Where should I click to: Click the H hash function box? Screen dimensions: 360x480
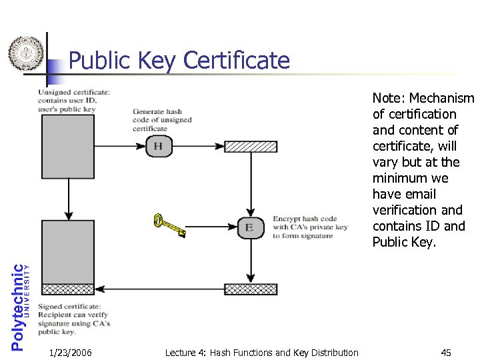click(x=158, y=146)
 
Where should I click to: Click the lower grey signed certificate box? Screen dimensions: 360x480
click(x=68, y=251)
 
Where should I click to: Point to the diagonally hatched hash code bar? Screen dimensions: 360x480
click(x=250, y=147)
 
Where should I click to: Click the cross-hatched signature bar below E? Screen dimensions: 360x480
click(x=250, y=289)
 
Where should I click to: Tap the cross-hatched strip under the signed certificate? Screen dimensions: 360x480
click(x=68, y=289)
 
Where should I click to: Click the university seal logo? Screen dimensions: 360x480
click(x=25, y=53)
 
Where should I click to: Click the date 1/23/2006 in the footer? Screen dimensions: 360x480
click(x=71, y=353)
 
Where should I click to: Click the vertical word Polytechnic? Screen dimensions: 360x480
click(x=18, y=306)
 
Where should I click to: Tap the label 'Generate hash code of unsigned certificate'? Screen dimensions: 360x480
click(x=161, y=120)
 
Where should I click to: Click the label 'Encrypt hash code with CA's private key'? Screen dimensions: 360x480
click(x=310, y=227)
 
